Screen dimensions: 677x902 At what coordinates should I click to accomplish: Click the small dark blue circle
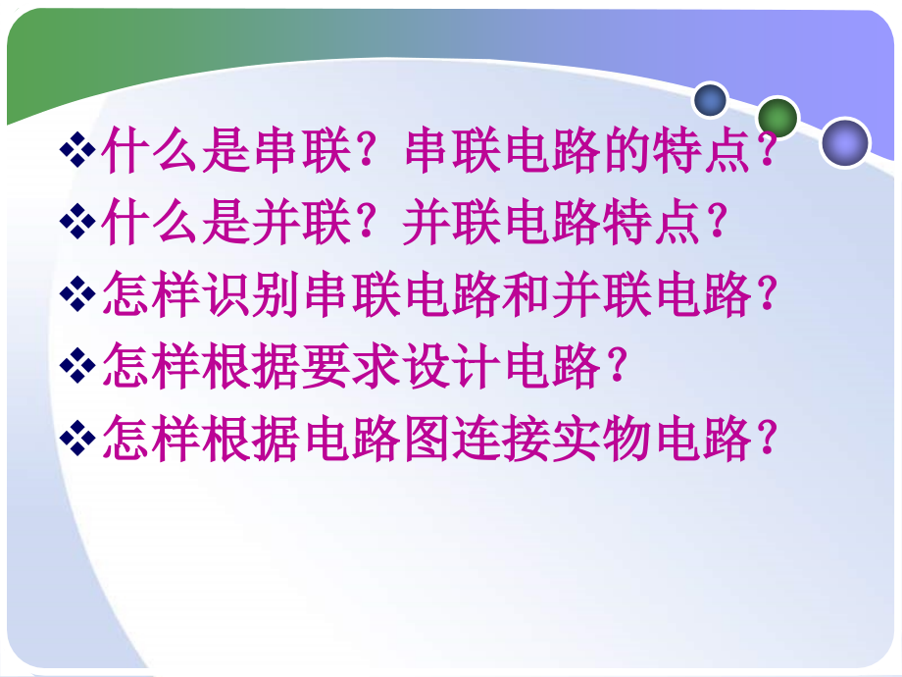click(710, 99)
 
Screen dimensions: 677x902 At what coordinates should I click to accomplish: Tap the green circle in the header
click(778, 118)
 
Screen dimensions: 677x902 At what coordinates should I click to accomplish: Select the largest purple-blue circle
click(844, 143)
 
